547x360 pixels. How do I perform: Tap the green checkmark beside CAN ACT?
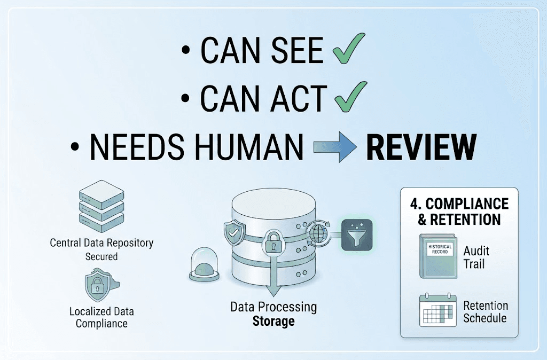point(350,97)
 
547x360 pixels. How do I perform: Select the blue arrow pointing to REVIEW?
point(335,147)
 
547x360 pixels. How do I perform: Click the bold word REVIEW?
point(421,147)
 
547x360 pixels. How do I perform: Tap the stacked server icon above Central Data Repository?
point(101,206)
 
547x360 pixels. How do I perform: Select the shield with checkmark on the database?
point(234,232)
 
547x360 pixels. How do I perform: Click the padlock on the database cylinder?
point(273,241)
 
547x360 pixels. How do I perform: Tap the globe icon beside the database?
point(318,233)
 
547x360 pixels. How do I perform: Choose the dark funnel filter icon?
point(356,235)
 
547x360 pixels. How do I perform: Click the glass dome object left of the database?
point(204,264)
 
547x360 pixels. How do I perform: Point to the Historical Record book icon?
point(438,256)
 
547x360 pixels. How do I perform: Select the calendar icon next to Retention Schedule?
point(438,310)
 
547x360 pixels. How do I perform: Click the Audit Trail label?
point(476,257)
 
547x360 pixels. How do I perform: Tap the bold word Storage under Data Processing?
point(273,321)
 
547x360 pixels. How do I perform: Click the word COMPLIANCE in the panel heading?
point(467,204)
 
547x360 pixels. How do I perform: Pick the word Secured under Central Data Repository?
point(101,257)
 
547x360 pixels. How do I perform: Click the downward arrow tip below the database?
point(273,295)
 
